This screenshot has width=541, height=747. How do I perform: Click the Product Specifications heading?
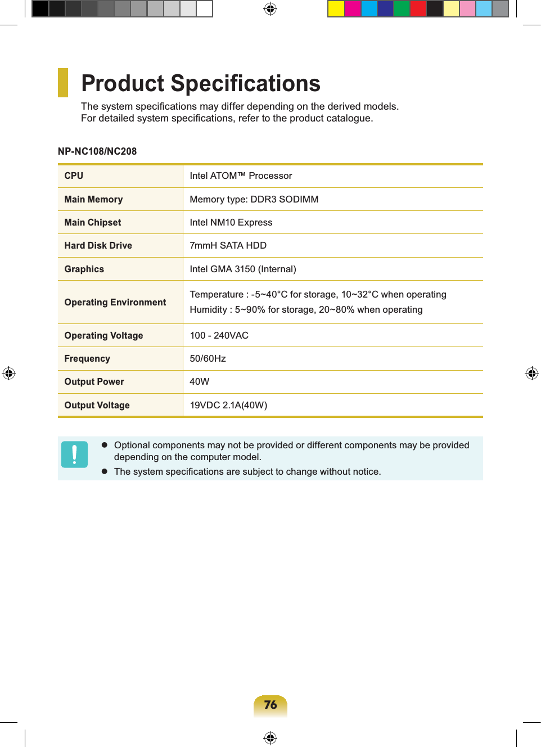(x=201, y=83)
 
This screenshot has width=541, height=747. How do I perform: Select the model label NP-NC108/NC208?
(x=97, y=151)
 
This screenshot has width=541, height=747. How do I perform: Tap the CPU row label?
(x=74, y=176)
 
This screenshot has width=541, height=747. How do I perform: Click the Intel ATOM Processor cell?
(x=241, y=176)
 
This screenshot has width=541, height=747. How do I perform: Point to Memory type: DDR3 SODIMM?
(x=254, y=199)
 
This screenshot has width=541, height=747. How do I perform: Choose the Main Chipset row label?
(x=93, y=223)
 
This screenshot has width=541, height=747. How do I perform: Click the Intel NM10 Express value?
(x=231, y=223)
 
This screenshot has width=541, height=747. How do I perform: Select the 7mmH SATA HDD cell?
(x=228, y=246)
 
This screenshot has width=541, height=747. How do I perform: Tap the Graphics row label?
(x=84, y=269)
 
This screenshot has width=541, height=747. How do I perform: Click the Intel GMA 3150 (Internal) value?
(x=242, y=269)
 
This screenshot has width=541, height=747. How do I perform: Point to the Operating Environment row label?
(x=115, y=303)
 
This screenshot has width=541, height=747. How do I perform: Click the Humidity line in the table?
(x=306, y=310)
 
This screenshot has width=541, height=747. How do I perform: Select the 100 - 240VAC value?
(x=219, y=336)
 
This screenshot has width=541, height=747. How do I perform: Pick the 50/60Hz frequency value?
(x=208, y=359)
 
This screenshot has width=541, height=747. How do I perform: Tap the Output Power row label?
(x=94, y=382)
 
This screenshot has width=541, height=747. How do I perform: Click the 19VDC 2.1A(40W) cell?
(x=228, y=406)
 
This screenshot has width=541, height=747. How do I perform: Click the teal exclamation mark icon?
(x=74, y=454)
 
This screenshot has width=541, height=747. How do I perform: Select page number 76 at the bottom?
(x=270, y=705)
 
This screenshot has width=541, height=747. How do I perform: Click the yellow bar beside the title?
(x=63, y=83)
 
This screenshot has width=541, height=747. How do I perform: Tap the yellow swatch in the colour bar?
(x=336, y=9)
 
